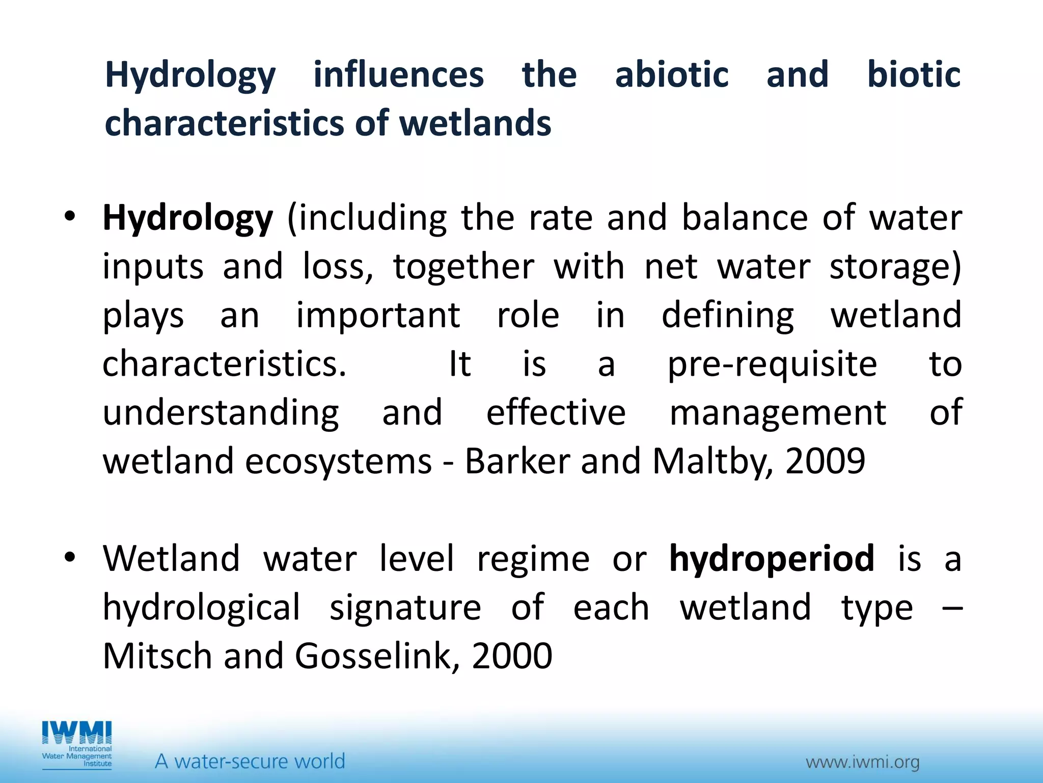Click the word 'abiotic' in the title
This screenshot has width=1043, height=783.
672,74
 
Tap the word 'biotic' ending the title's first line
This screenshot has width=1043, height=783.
914,74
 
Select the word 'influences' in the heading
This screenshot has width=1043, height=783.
398,74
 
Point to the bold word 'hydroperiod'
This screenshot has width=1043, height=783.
772,558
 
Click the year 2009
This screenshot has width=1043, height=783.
825,461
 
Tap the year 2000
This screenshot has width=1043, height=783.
512,656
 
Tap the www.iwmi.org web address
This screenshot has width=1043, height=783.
863,762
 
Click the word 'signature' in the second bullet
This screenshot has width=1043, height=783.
405,608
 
